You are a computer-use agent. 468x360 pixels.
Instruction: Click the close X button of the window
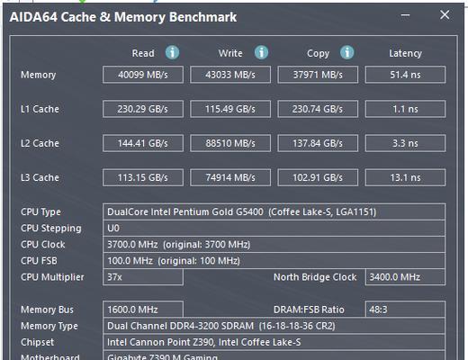(445, 14)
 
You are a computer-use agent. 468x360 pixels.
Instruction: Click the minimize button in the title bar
(405, 15)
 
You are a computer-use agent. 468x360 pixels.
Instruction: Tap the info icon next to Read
(173, 52)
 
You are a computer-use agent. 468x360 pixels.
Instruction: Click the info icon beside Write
(261, 52)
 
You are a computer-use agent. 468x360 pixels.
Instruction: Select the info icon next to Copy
(347, 52)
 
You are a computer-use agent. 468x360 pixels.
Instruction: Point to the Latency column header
(405, 53)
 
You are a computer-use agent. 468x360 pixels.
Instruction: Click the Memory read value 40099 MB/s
(143, 75)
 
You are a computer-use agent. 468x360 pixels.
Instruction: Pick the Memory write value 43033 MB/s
(230, 75)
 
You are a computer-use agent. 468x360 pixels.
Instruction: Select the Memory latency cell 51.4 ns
(405, 75)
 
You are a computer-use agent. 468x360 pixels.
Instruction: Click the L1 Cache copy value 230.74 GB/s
(318, 109)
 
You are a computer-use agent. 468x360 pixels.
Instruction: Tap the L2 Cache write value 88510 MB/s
(230, 143)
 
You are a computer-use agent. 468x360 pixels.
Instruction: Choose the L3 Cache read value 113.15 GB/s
(143, 177)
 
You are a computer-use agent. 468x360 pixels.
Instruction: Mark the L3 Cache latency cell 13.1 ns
(405, 177)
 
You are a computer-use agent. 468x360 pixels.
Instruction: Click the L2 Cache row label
(40, 143)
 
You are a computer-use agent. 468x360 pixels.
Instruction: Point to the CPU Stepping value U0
(113, 229)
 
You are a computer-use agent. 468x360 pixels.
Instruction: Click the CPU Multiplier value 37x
(114, 277)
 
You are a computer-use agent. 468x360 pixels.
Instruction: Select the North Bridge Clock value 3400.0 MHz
(395, 277)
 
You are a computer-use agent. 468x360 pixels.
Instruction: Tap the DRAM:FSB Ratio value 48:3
(378, 310)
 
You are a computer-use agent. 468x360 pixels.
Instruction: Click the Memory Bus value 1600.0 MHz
(132, 310)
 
